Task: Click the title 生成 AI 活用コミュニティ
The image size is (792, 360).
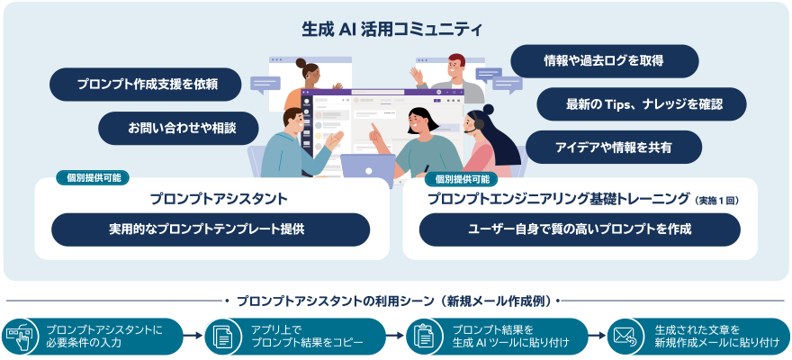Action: (392, 29)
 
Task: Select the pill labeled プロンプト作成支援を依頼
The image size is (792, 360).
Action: (147, 85)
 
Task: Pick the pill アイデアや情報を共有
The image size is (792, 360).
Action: (614, 147)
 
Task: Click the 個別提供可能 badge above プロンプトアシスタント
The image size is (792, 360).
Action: (94, 177)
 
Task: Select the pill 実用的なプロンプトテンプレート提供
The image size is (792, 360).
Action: (211, 229)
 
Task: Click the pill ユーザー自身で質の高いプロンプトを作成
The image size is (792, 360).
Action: (580, 229)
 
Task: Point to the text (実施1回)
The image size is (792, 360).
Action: (715, 200)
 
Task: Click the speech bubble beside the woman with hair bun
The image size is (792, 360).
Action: (266, 85)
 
